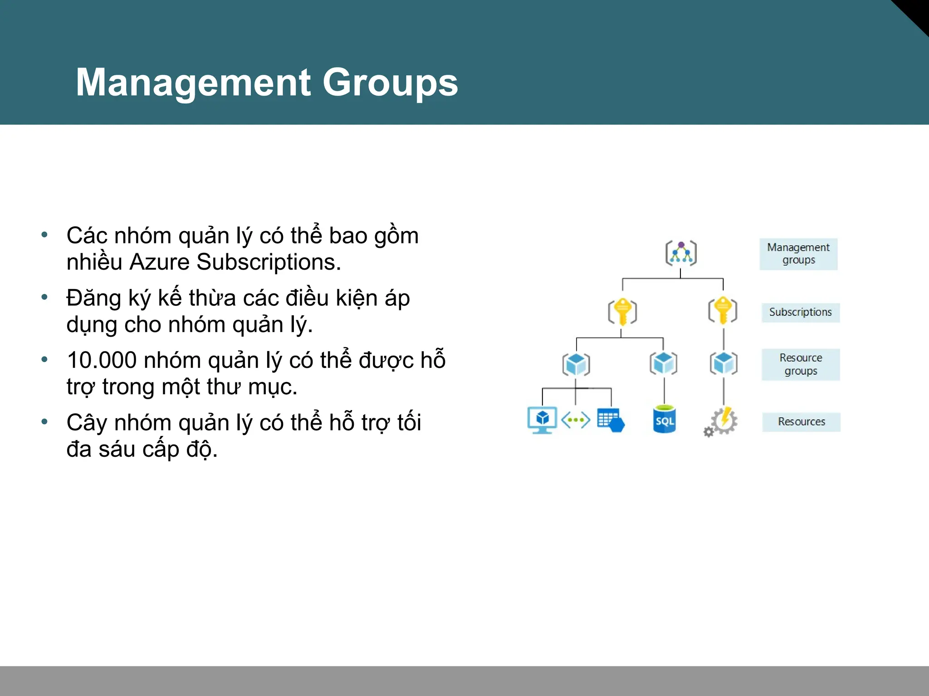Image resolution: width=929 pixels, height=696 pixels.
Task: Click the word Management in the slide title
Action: tap(193, 82)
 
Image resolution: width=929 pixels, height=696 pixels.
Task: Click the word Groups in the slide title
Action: tap(390, 82)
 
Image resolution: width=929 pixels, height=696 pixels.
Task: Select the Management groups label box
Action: tap(798, 254)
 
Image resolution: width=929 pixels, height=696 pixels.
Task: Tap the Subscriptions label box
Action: tap(801, 312)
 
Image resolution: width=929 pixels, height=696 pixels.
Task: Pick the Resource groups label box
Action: tap(801, 364)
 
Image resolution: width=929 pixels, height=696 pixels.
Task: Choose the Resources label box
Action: tap(802, 422)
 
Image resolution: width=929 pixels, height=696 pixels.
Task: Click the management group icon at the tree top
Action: tap(681, 253)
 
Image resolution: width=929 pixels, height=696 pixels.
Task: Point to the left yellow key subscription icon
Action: tap(622, 312)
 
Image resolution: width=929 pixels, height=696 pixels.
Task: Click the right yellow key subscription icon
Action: tap(723, 310)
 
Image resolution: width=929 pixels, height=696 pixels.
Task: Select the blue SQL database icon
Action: tap(664, 420)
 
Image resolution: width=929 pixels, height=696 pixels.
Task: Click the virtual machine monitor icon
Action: tap(542, 420)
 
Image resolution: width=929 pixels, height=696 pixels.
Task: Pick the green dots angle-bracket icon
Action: tap(576, 420)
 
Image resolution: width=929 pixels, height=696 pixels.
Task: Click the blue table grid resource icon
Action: tap(611, 420)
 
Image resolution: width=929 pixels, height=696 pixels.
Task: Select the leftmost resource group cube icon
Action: tap(576, 364)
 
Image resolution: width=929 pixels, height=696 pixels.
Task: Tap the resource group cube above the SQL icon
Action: tap(663, 363)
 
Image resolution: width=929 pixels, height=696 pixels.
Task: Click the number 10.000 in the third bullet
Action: tap(102, 361)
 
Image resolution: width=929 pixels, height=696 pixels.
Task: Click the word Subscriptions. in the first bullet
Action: tap(269, 262)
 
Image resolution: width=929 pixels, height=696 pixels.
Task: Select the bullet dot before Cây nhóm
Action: tap(44, 422)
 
